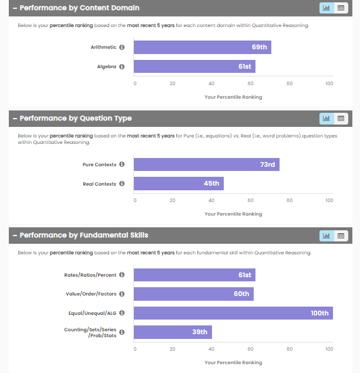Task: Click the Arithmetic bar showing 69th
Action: pos(202,47)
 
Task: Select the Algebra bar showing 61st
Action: pos(194,66)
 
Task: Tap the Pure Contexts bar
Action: pos(206,164)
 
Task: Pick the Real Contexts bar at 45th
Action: pos(179,184)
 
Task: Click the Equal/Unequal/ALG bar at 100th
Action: pos(233,313)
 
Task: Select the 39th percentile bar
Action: pos(173,332)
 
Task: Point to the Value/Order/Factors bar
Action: pos(193,294)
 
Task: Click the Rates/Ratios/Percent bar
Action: pos(194,275)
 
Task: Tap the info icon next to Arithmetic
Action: pos(122,47)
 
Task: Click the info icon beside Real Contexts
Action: pos(122,184)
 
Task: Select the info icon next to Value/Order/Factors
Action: pos(122,294)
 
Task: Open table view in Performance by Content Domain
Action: pos(341,8)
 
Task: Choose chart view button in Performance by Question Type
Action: pos(327,118)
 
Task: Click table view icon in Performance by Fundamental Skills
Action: pos(341,236)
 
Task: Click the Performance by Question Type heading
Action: pos(75,118)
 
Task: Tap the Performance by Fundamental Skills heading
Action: pos(83,236)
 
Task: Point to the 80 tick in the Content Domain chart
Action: pos(290,83)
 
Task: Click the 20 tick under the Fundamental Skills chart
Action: pos(173,349)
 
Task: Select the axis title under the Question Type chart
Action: pos(233,214)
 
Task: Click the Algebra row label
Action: pos(107,66)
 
